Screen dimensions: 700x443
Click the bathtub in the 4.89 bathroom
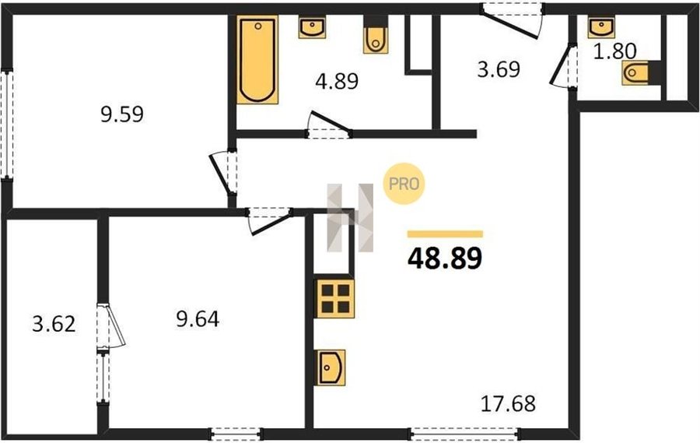(x=257, y=59)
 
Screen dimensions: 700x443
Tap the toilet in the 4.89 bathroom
(x=375, y=35)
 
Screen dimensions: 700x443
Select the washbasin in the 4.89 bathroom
(x=312, y=26)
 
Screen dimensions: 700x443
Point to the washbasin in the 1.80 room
(x=601, y=26)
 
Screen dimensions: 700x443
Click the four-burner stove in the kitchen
(x=334, y=299)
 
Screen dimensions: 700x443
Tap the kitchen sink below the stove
(x=330, y=367)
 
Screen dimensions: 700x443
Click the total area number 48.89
(x=445, y=258)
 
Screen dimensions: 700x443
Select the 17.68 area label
(x=508, y=403)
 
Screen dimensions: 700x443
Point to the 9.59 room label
(x=122, y=114)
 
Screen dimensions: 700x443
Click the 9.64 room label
(x=198, y=320)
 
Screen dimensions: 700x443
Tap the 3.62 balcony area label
(x=54, y=324)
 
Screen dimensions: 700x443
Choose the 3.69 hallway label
(x=499, y=70)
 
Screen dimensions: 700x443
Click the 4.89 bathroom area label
(x=337, y=82)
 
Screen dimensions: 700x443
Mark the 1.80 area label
(x=614, y=51)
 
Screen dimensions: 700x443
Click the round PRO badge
(x=404, y=184)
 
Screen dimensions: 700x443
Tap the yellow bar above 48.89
(x=445, y=234)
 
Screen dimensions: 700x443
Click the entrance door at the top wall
(x=512, y=19)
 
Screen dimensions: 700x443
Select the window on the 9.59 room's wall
(x=7, y=125)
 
